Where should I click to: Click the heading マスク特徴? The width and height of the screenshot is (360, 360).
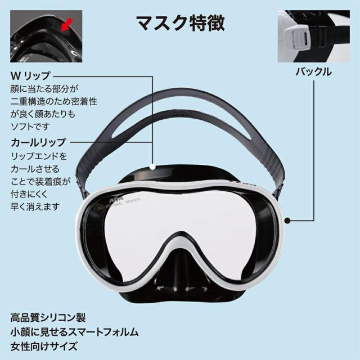(x=181, y=23)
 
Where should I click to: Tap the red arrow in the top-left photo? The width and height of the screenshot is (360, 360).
(x=67, y=25)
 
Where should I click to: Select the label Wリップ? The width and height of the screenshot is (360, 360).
(x=30, y=76)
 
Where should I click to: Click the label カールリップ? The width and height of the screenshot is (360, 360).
(x=39, y=142)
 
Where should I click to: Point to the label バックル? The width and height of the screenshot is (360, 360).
(x=314, y=72)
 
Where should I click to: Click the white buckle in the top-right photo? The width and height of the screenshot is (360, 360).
(x=297, y=36)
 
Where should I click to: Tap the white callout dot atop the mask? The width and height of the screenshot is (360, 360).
(x=152, y=167)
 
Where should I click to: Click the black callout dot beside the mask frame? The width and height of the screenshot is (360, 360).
(x=287, y=220)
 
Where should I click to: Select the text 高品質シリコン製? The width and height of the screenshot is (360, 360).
(x=48, y=318)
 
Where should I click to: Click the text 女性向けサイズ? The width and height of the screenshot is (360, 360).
(x=44, y=346)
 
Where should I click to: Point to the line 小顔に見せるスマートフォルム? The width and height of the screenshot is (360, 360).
(x=74, y=332)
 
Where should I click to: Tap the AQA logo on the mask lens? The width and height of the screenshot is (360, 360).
(x=116, y=200)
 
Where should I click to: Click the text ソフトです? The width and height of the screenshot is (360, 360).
(x=30, y=126)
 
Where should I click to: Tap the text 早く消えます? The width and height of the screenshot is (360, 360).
(x=35, y=206)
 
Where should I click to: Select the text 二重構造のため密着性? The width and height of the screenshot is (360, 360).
(x=54, y=101)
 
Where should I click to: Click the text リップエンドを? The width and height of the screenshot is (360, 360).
(x=39, y=156)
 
